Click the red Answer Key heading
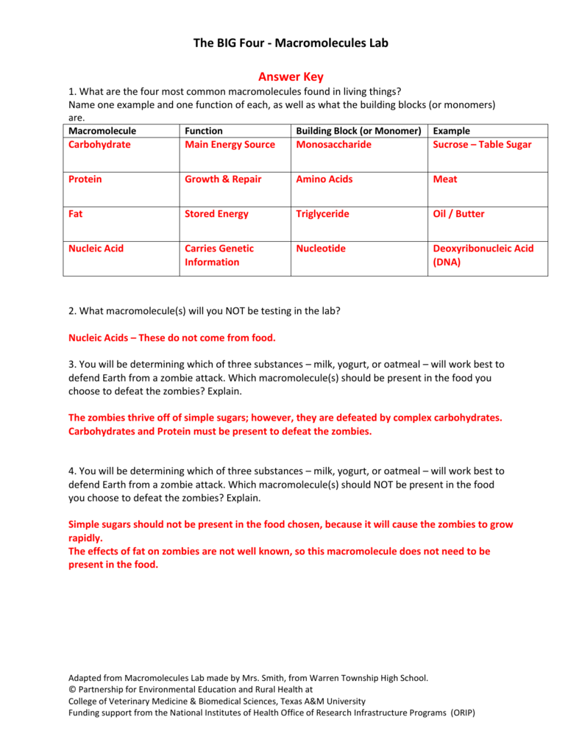[x=291, y=76]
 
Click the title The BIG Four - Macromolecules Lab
[x=291, y=43]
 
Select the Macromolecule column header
[x=102, y=131]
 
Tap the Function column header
[x=204, y=131]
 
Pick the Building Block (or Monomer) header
[x=358, y=131]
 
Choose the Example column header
[x=452, y=131]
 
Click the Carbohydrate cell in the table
[x=99, y=145]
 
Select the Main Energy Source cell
[x=230, y=145]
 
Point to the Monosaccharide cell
[x=333, y=145]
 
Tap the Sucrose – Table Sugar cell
[x=482, y=145]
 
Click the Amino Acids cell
[x=324, y=179]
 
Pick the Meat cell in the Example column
[x=445, y=179]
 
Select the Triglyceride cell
[x=322, y=214]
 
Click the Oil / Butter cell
[x=459, y=214]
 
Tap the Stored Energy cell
[x=216, y=214]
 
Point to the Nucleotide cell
[x=320, y=249]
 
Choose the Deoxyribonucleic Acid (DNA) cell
[x=483, y=255]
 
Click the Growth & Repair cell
[x=223, y=179]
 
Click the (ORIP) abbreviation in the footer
[x=462, y=713]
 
